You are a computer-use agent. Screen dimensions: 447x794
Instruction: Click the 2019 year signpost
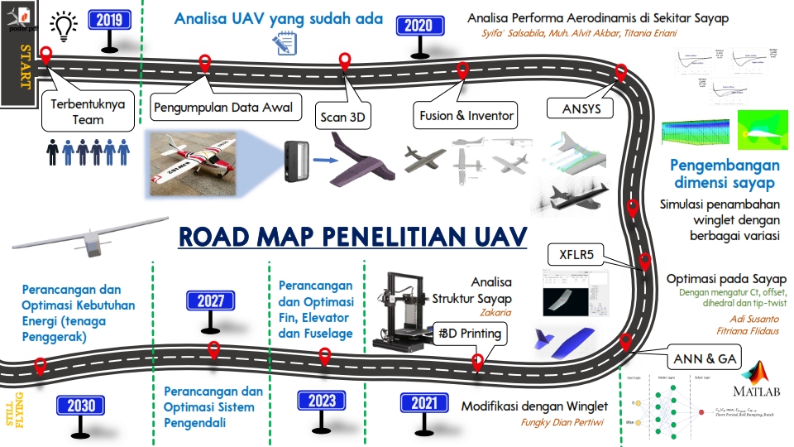109,19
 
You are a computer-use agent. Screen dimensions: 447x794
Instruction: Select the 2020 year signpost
419,26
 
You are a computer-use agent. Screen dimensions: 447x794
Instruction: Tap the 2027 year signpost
210,301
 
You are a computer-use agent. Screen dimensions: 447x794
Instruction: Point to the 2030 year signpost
81,406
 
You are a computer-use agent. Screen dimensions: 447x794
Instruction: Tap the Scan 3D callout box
343,117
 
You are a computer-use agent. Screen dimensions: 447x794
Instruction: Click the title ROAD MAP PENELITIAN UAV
352,237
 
